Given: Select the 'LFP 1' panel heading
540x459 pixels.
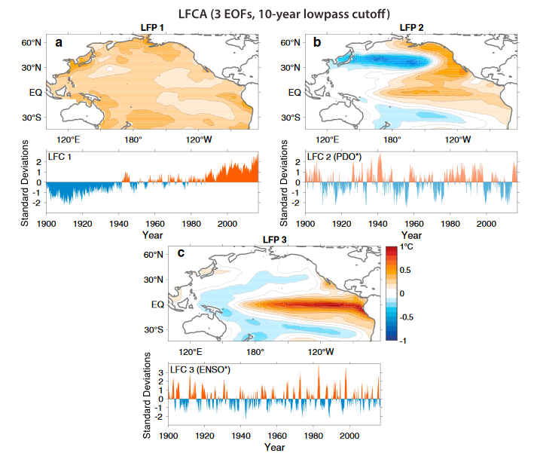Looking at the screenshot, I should coord(154,27).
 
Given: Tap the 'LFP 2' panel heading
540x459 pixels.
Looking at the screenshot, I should coord(412,27).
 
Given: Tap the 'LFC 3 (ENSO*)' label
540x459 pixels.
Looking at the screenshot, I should coord(201,370).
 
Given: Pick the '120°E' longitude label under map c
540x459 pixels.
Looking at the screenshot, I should coord(190,351).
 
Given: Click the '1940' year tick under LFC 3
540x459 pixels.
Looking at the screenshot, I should coord(241,436).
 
